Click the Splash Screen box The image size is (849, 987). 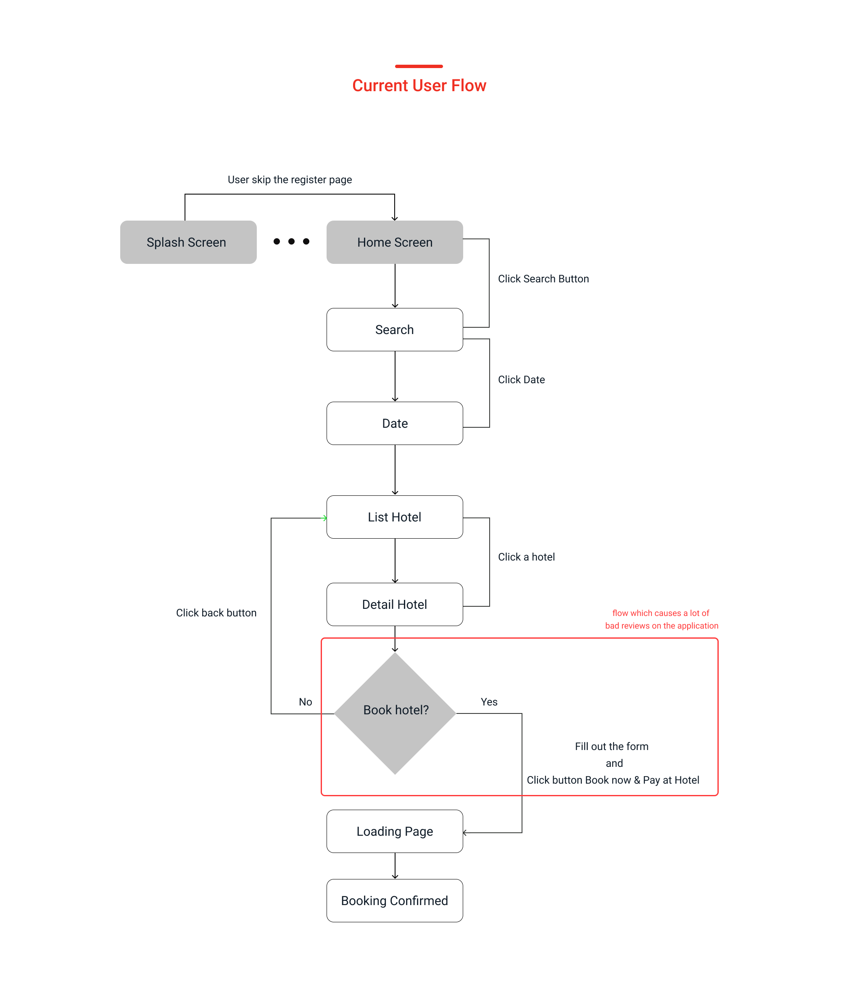[188, 242]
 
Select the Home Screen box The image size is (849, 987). [395, 242]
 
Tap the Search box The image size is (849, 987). [395, 330]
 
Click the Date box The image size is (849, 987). [395, 423]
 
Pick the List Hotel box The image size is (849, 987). [395, 517]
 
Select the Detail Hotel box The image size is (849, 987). [395, 604]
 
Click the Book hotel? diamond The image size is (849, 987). [395, 713]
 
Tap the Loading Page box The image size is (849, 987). [395, 831]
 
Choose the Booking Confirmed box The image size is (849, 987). [395, 900]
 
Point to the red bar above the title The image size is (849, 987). [419, 66]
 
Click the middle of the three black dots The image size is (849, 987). [291, 242]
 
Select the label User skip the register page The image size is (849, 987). [290, 179]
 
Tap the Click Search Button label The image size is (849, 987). [543, 279]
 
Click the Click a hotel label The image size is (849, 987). [526, 557]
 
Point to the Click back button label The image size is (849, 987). [216, 613]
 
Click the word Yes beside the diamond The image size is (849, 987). [489, 702]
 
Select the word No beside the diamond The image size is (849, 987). [306, 702]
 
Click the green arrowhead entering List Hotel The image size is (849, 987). [325, 518]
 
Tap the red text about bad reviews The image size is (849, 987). [661, 619]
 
